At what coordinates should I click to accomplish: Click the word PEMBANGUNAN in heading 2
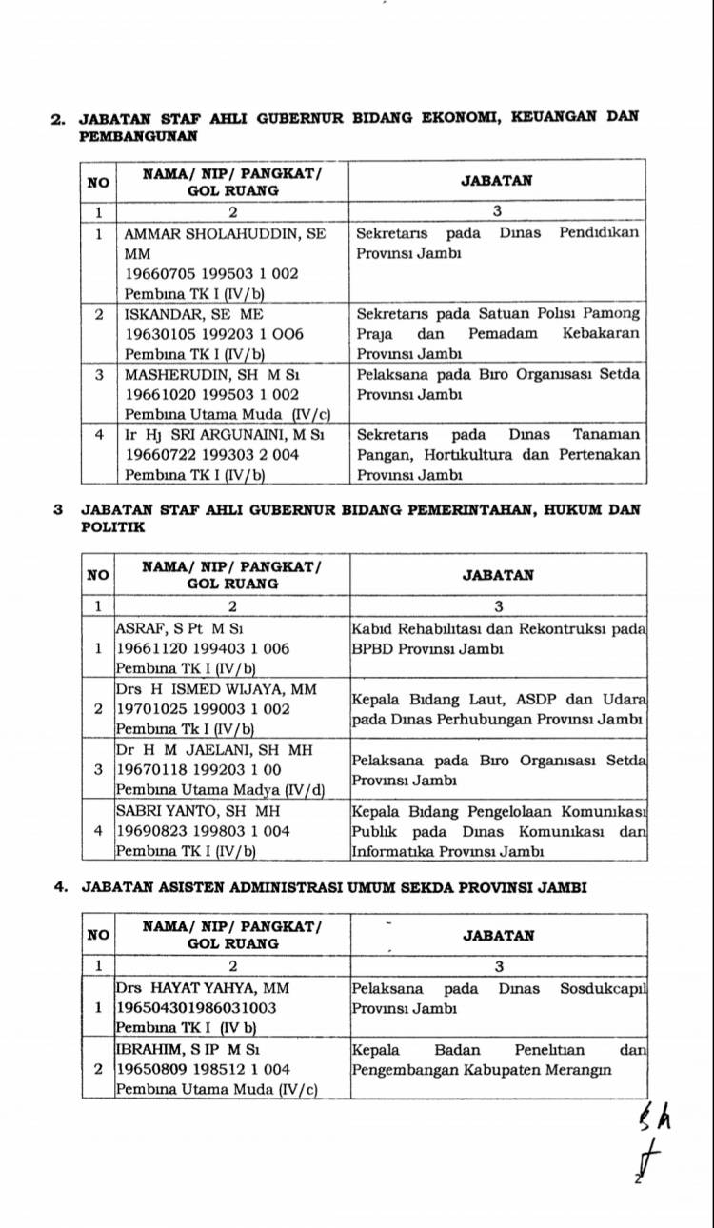pyautogui.click(x=139, y=136)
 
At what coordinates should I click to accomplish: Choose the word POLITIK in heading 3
pyautogui.click(x=113, y=526)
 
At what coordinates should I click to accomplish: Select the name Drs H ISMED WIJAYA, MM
pyautogui.click(x=216, y=688)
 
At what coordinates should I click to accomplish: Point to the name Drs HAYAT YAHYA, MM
pyautogui.click(x=203, y=988)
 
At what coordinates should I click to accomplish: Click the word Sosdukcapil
pyautogui.click(x=603, y=989)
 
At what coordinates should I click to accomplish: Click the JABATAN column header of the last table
pyautogui.click(x=498, y=935)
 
